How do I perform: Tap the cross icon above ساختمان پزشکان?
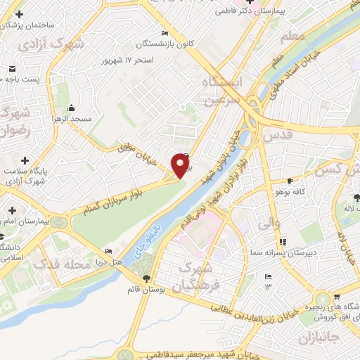tap(8, 13)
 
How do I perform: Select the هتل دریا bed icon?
tap(108, 252)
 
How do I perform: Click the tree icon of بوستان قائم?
tap(146, 279)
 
